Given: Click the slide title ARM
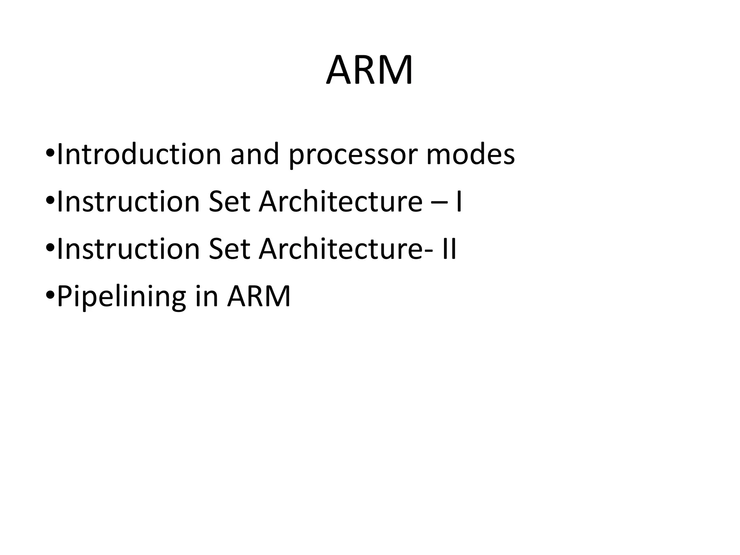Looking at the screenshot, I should click(369, 70).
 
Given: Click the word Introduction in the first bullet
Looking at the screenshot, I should click(139, 154).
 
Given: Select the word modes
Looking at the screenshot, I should click(470, 154).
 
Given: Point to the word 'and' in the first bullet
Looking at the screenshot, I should click(255, 154).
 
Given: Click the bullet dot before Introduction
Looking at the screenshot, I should click(50, 155).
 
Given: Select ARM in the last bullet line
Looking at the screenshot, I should click(259, 296).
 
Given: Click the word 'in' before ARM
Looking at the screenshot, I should click(207, 296).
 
